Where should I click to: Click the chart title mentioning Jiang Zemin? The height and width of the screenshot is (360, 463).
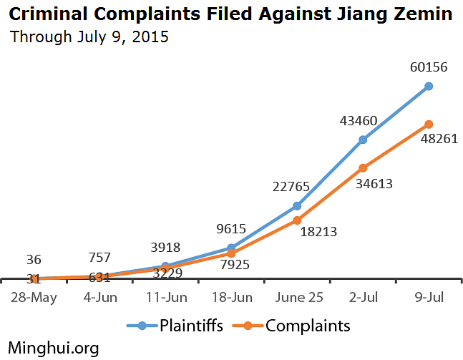pos(230,13)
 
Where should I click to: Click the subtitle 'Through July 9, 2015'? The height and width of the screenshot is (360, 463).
pos(89,37)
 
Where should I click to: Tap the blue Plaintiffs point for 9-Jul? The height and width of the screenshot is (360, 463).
pos(429,86)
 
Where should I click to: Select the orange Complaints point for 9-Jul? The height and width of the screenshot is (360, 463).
pos(429,125)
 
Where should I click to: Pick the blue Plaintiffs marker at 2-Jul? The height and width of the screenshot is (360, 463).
pos(363,140)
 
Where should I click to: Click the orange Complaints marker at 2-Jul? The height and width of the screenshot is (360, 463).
pos(363,168)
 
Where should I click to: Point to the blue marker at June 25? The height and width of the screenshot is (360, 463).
pos(297,206)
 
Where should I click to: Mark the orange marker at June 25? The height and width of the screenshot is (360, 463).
pos(297,220)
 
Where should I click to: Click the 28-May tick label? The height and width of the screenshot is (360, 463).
pos(33,296)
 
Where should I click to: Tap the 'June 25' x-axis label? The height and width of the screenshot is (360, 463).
pos(297,296)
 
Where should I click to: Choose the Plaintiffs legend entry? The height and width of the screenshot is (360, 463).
pos(175,326)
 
